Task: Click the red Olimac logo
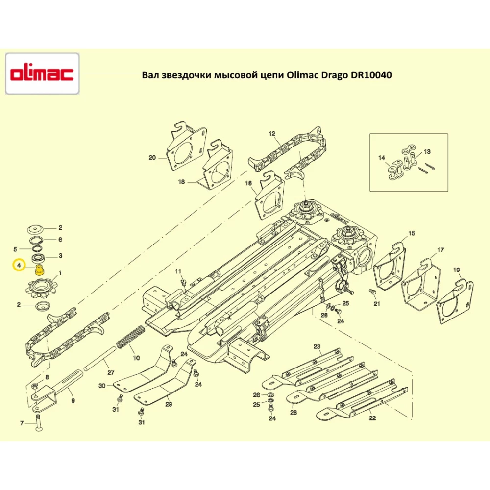[x=42, y=74]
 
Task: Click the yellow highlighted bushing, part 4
[x=39, y=269]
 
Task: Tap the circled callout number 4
[x=19, y=266]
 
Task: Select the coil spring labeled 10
[x=130, y=336]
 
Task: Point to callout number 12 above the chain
[x=272, y=134]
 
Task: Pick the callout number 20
[x=152, y=158]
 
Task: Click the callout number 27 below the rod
[x=111, y=372]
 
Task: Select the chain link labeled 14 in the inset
[x=394, y=171]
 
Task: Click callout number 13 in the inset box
[x=427, y=151]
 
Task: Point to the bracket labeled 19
[x=455, y=302]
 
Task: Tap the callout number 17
[x=441, y=250]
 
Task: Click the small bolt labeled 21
[x=372, y=292]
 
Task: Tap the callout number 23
[x=317, y=346]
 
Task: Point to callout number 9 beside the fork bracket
[x=73, y=400]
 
